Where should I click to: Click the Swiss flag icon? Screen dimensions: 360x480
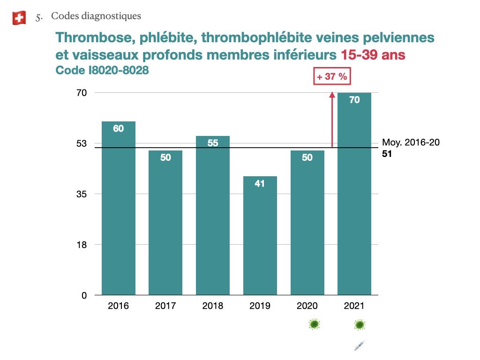point(19,18)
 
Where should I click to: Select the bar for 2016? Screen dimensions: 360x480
point(119,208)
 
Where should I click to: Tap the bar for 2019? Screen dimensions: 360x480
point(260,235)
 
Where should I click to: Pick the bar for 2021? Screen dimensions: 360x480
point(354,194)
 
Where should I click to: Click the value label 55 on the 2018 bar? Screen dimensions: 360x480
point(213,143)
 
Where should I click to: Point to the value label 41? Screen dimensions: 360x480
point(260,184)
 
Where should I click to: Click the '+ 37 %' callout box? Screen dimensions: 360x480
point(332,77)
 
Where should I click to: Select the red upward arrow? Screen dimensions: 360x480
point(332,119)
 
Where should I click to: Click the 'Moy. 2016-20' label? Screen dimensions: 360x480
point(411,143)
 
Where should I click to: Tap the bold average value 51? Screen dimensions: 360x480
point(387,153)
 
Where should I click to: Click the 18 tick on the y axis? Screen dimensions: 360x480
point(82,245)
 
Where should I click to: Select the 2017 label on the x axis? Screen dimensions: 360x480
point(165,306)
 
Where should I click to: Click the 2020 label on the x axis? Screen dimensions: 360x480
point(307,306)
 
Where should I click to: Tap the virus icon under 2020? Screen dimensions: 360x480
point(314,324)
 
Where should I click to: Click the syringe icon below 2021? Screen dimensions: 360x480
point(359,346)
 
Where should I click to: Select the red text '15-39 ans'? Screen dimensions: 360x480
point(371,55)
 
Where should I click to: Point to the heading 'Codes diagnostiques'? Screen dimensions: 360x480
point(96,16)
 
